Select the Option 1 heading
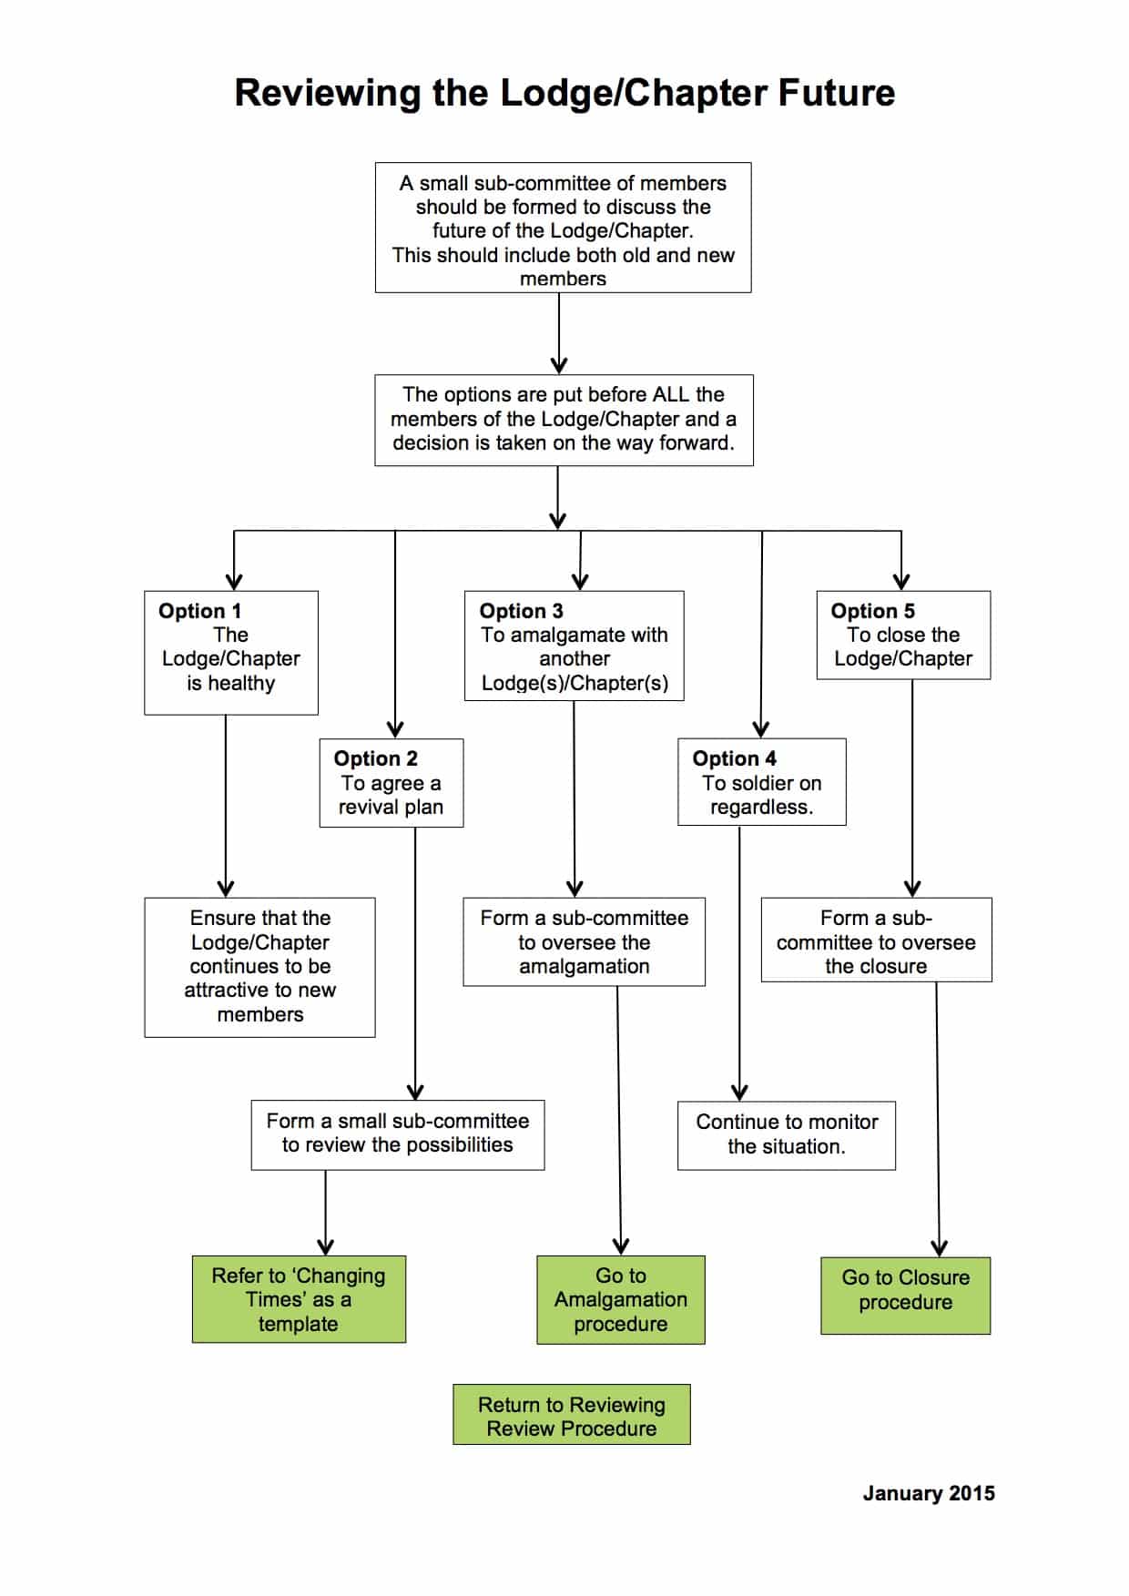pyautogui.click(x=199, y=611)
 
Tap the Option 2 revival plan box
pyautogui.click(x=392, y=783)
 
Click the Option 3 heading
pyautogui.click(x=521, y=611)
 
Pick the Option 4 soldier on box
pyautogui.click(x=761, y=783)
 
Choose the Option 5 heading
pyautogui.click(x=872, y=611)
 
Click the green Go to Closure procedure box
pyautogui.click(x=905, y=1296)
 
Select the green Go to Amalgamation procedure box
pyautogui.click(x=621, y=1299)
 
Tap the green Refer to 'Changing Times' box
pyautogui.click(x=299, y=1299)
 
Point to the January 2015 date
pyautogui.click(x=929, y=1493)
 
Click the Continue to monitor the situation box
pyautogui.click(x=787, y=1134)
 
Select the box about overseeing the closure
pyautogui.click(x=876, y=940)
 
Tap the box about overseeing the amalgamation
pyautogui.click(x=584, y=941)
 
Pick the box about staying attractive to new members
pyautogui.click(x=259, y=967)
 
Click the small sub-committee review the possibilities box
pyautogui.click(x=398, y=1134)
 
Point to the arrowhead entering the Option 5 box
pyautogui.click(x=901, y=582)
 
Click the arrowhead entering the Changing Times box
pyautogui.click(x=325, y=1246)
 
